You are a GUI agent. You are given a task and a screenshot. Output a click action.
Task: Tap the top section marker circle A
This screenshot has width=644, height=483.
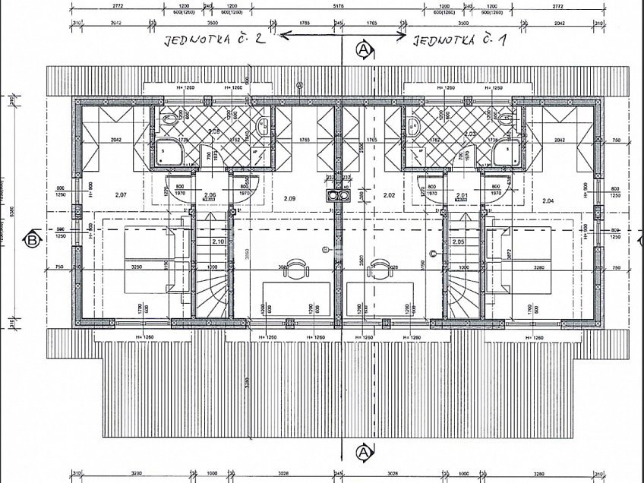[x=364, y=49]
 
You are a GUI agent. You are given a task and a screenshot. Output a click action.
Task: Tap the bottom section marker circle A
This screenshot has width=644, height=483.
[x=364, y=453]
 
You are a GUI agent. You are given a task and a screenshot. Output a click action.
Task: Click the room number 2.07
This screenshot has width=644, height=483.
[x=121, y=195]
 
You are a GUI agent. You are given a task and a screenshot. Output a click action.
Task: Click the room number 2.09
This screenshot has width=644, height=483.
[x=289, y=199]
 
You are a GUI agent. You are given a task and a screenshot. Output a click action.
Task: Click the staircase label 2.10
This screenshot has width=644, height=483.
[x=218, y=241]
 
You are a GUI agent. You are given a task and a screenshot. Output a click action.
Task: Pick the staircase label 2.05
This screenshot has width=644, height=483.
[x=457, y=241]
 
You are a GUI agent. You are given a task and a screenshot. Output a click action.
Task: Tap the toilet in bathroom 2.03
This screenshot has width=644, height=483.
[x=507, y=118]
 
